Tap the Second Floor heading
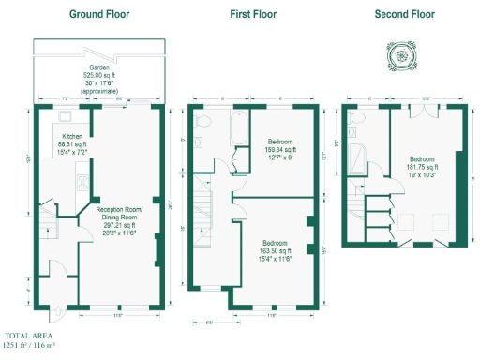404,15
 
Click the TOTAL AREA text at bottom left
29,336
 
